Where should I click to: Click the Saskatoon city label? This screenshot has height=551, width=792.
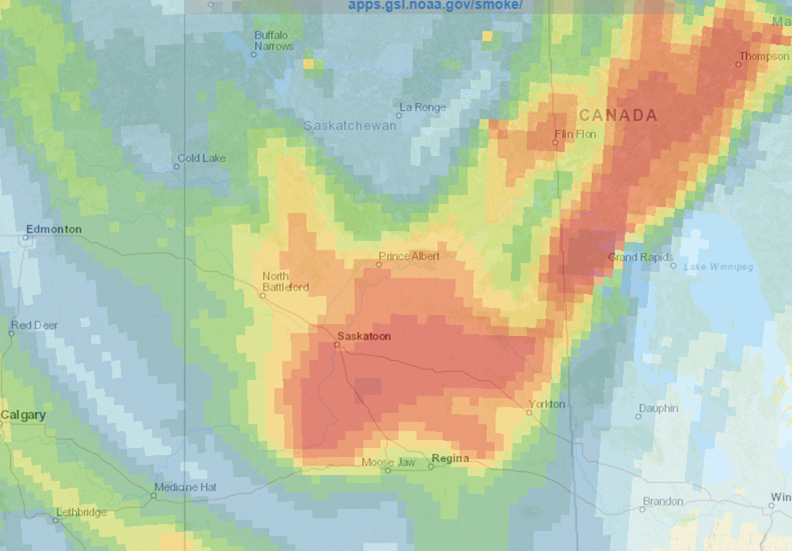pyautogui.click(x=364, y=336)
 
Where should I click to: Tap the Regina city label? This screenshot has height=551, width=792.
pyautogui.click(x=451, y=458)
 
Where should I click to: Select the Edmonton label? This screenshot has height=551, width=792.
pyautogui.click(x=54, y=230)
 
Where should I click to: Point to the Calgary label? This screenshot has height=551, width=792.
pyautogui.click(x=23, y=415)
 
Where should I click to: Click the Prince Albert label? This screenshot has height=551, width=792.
pyautogui.click(x=409, y=256)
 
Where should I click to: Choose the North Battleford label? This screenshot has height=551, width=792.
pyautogui.click(x=285, y=281)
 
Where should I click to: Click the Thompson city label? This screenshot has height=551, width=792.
pyautogui.click(x=764, y=56)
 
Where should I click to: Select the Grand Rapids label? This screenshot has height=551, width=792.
pyautogui.click(x=640, y=257)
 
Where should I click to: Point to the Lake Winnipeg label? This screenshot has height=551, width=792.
pyautogui.click(x=718, y=266)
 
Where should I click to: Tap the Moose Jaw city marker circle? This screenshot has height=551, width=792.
pyautogui.click(x=388, y=470)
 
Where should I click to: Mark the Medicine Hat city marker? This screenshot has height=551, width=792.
pyautogui.click(x=154, y=496)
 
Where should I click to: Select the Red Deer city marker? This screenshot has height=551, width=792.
pyautogui.click(x=11, y=333)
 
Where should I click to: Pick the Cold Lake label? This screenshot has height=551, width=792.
pyautogui.click(x=201, y=158)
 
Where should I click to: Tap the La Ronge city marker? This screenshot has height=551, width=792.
pyautogui.click(x=399, y=116)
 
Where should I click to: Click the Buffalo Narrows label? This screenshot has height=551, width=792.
pyautogui.click(x=273, y=40)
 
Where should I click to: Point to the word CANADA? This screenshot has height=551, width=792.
pyautogui.click(x=618, y=116)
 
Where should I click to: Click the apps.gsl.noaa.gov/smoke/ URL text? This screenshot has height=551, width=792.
pyautogui.click(x=435, y=6)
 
